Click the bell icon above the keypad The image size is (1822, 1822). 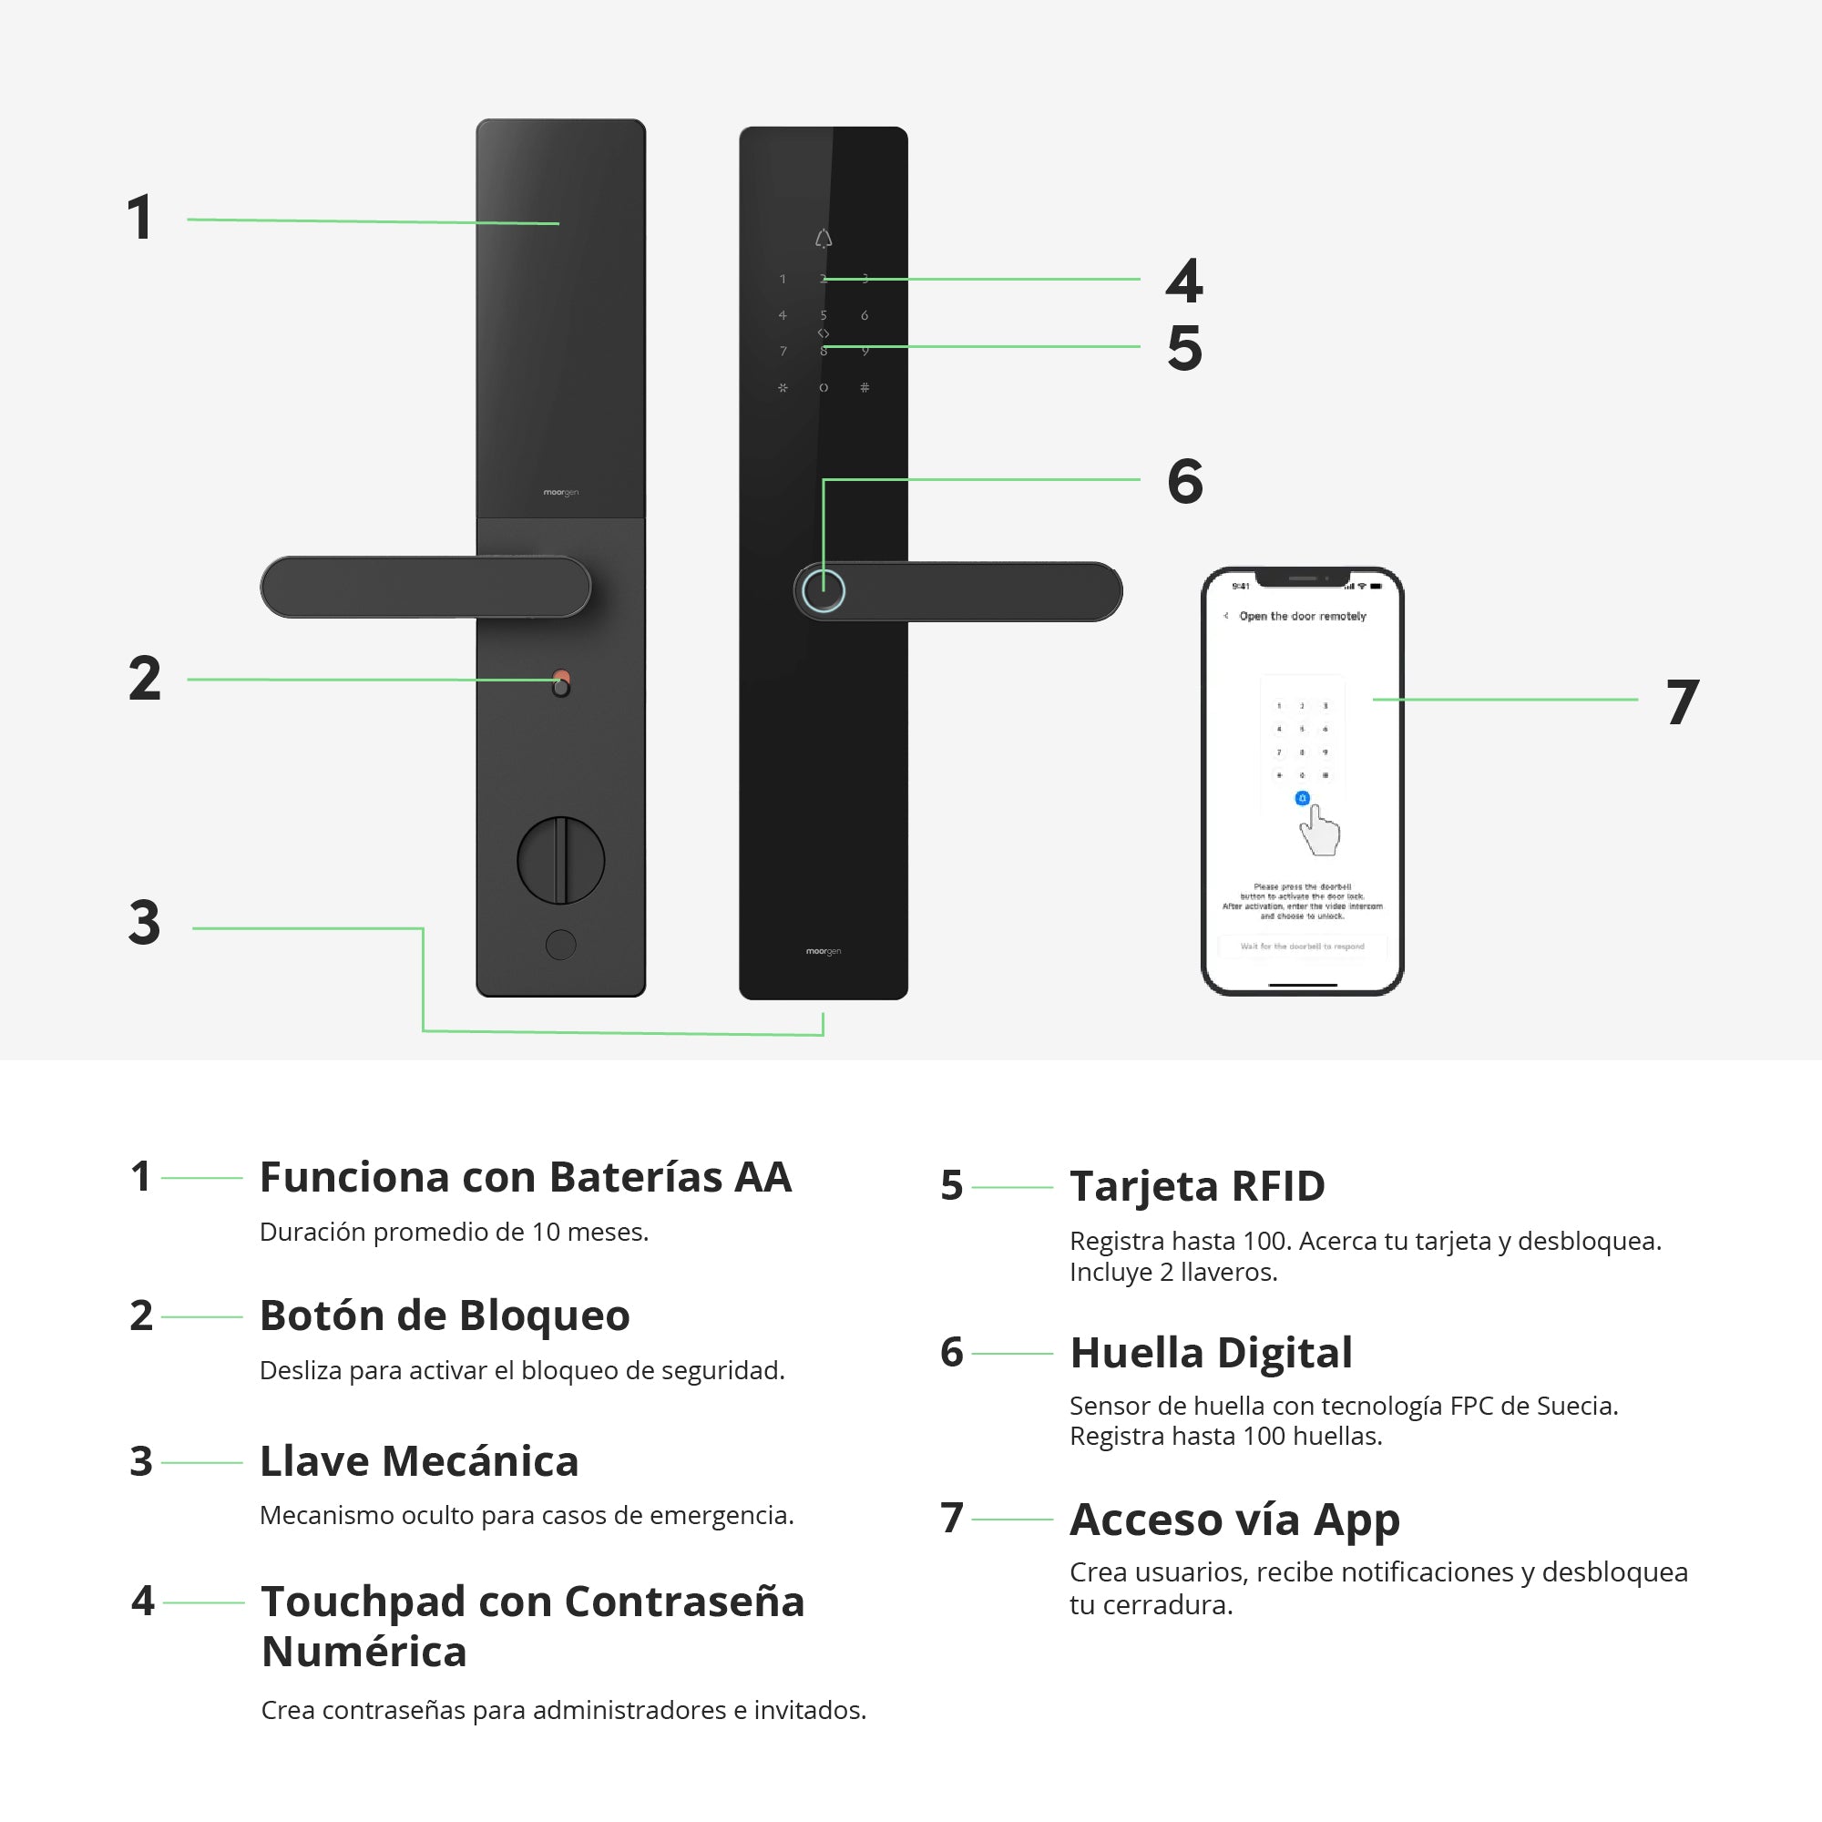(x=824, y=239)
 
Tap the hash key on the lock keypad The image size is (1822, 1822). (x=865, y=387)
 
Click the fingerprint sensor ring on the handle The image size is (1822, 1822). (x=824, y=591)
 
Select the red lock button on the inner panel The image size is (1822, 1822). (x=562, y=677)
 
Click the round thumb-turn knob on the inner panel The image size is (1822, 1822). (x=561, y=860)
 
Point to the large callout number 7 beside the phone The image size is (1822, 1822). (x=1683, y=701)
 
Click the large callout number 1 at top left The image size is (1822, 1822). (x=140, y=218)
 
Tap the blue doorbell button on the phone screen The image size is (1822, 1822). (x=1303, y=799)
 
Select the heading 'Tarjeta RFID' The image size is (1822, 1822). (x=1197, y=1186)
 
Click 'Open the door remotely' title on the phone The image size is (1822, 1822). (x=1303, y=616)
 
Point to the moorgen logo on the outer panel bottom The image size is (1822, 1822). (x=824, y=952)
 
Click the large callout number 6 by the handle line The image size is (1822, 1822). (x=1185, y=481)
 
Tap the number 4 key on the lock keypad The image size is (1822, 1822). (x=783, y=315)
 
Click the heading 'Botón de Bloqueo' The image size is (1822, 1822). (x=445, y=1315)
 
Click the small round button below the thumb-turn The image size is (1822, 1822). (x=561, y=945)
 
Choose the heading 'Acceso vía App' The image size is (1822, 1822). (x=1234, y=1520)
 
